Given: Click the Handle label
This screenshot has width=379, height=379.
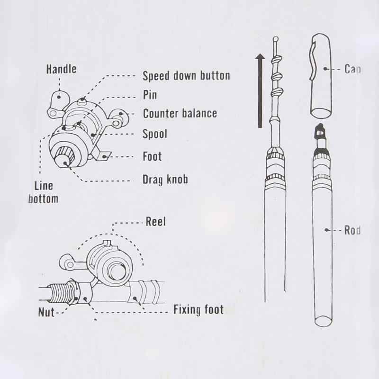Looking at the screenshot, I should tap(61, 69).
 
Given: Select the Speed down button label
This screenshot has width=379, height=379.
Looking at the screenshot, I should tap(186, 76).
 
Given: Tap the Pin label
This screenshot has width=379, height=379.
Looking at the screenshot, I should tap(150, 95).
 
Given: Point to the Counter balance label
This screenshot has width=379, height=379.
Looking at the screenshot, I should tap(180, 114).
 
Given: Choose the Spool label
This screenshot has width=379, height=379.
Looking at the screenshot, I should tap(155, 134).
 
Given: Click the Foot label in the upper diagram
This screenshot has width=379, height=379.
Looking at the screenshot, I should tap(152, 156).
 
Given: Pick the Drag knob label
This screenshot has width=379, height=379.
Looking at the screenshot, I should tap(165, 180).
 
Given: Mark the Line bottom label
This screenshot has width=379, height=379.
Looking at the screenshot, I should tap(43, 192).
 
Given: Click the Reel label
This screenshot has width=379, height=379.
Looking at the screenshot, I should tap(156, 222).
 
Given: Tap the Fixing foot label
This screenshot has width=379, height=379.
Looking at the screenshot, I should tap(198, 311).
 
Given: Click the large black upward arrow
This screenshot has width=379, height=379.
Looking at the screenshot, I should tap(260, 90).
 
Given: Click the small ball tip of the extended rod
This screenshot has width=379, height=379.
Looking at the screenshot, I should tap(275, 39).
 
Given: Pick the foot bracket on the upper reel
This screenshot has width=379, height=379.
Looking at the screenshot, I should tap(102, 154).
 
